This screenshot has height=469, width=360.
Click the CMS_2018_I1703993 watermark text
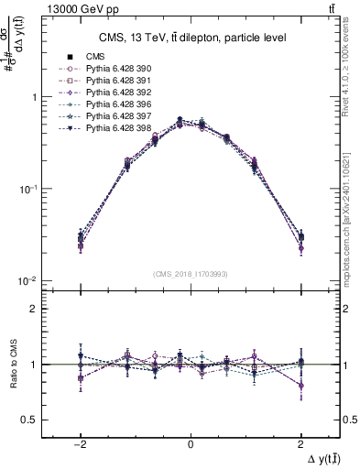point(190,274)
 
